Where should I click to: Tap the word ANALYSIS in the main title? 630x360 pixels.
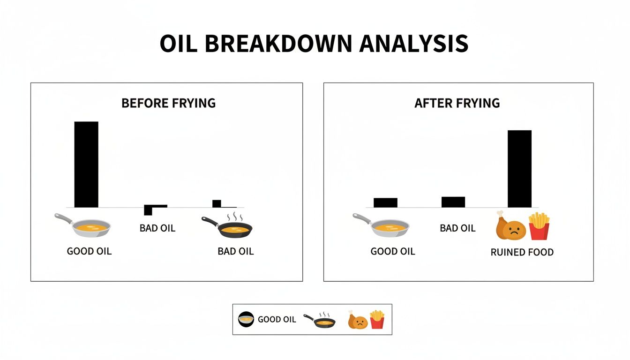(414, 44)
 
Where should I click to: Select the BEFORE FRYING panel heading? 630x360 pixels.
(168, 103)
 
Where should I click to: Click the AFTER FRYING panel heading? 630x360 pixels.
(457, 103)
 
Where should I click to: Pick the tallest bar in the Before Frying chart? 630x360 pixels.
(86, 164)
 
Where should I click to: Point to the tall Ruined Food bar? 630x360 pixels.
(520, 169)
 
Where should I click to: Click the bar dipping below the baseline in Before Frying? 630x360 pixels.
(149, 210)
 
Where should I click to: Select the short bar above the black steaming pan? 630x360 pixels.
(217, 203)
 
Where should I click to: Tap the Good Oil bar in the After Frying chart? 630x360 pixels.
(385, 202)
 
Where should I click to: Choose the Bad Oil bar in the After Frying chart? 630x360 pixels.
(453, 202)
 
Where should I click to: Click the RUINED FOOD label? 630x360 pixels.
(522, 252)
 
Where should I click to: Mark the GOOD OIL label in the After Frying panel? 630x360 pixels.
(393, 252)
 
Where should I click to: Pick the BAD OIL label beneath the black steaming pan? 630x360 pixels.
(235, 252)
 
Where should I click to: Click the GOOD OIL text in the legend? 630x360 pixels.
(277, 320)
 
